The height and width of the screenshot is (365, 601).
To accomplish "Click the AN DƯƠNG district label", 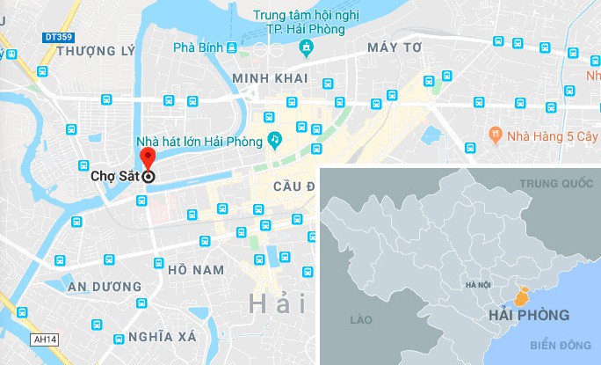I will point(105,287).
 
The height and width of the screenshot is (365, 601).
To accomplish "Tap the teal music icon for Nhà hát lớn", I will point(275,140).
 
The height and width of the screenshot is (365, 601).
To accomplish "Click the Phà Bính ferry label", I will point(198,47).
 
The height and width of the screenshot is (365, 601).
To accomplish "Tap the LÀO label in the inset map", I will point(361,320).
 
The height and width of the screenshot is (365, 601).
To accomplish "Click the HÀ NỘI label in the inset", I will point(478,286).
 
